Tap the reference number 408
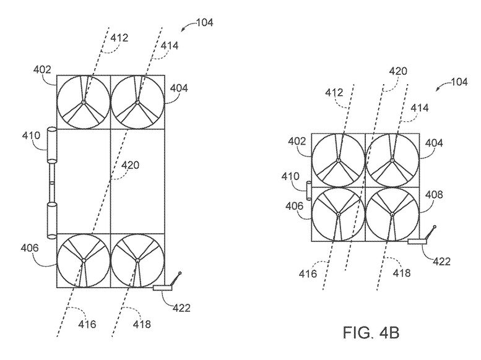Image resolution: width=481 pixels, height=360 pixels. pos(433,195)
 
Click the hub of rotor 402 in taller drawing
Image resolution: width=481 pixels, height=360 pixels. pos(84,102)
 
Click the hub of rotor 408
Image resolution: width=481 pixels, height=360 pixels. pos(392,214)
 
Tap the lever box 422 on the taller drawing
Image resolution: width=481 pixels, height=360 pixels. pos(165,288)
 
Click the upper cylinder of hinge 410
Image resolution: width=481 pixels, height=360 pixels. pos(50,146)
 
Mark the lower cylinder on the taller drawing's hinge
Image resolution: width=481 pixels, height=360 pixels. pos(50,217)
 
